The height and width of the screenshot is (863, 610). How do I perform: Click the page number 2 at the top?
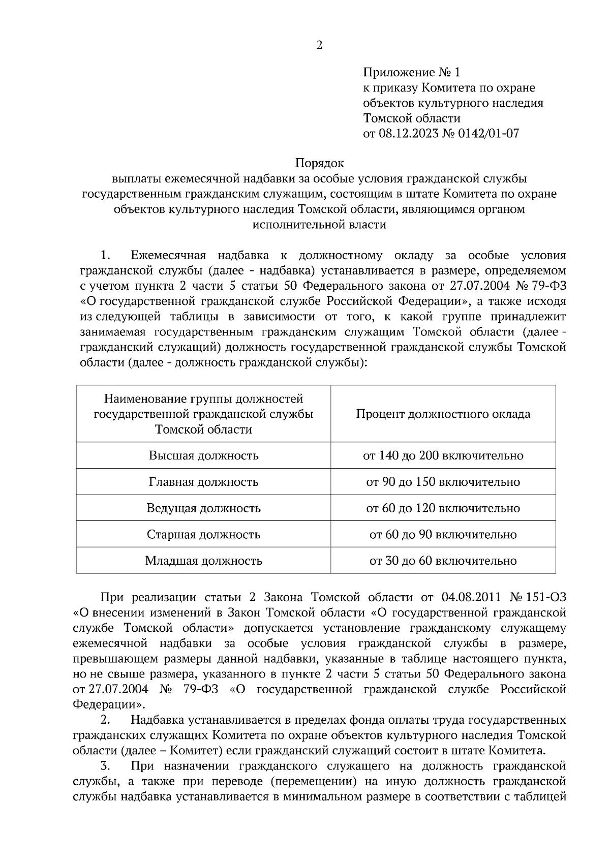coord(319,46)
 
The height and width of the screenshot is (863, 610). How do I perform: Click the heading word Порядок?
coord(319,163)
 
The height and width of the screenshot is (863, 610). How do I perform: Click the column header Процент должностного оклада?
coord(443,414)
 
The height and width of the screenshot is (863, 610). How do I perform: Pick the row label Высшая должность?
coord(203,455)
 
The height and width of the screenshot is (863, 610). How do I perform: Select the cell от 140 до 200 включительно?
coord(443,455)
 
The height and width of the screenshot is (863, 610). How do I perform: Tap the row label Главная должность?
coord(203,482)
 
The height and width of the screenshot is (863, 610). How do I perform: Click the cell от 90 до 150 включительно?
coord(443,482)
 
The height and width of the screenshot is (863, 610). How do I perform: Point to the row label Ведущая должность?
coord(203,508)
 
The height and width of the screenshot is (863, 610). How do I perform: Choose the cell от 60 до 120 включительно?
coord(443,508)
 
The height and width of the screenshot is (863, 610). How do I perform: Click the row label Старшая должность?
coord(203,535)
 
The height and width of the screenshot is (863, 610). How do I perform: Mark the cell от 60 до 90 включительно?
coord(443,535)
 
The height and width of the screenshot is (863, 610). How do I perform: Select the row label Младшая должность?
coord(203,561)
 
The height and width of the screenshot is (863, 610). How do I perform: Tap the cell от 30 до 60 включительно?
coord(443,561)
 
